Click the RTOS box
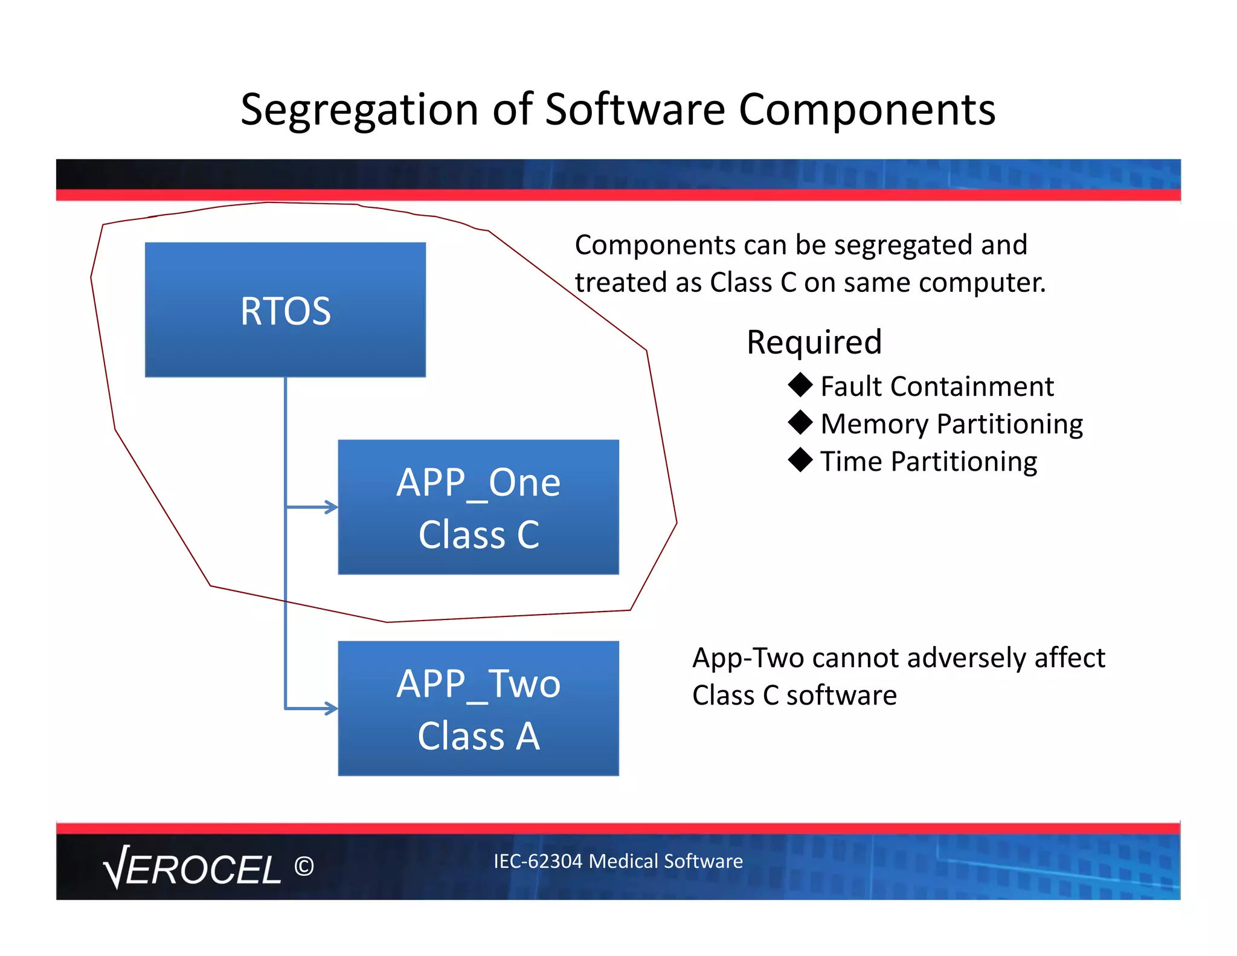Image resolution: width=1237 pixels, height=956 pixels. click(x=285, y=310)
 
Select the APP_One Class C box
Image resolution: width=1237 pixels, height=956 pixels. click(x=478, y=507)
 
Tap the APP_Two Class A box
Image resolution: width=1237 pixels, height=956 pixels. click(x=478, y=708)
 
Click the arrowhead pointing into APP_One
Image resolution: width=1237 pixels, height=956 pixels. click(x=332, y=507)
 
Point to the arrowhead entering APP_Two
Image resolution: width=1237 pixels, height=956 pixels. click(x=332, y=708)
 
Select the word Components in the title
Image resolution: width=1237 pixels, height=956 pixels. click(x=867, y=110)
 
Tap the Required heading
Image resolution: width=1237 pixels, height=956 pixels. click(x=814, y=342)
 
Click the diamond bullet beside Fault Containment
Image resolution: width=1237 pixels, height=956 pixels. click(x=800, y=385)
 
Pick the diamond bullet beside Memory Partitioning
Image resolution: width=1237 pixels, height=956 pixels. click(x=800, y=422)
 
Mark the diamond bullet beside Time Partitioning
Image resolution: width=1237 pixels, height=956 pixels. click(x=800, y=460)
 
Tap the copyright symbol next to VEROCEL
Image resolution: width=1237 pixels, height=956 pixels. click(x=304, y=867)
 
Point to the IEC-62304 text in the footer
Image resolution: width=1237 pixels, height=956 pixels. click(x=538, y=861)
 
